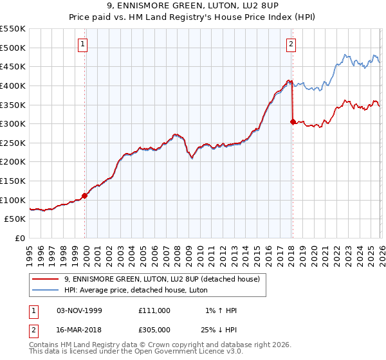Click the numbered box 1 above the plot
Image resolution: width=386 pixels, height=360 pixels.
pyautogui.click(x=84, y=44)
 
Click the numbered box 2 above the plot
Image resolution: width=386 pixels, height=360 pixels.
pyautogui.click(x=291, y=44)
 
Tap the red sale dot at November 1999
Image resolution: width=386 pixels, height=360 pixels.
pyautogui.click(x=85, y=196)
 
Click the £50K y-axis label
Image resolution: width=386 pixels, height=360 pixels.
pyautogui.click(x=15, y=219)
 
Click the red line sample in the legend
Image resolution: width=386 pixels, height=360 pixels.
pyautogui.click(x=46, y=279)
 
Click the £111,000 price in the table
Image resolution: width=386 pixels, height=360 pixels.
pyautogui.click(x=154, y=310)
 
